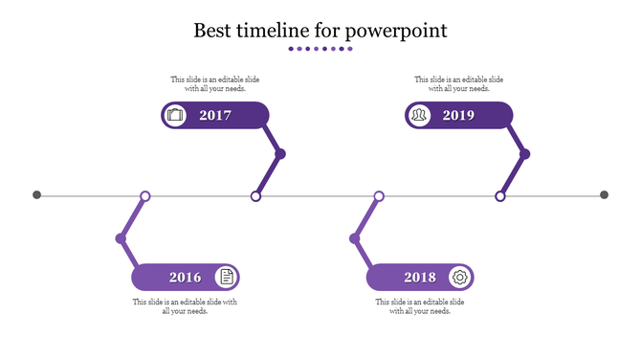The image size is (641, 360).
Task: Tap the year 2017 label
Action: click(x=215, y=116)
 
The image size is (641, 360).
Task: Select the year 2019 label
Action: click(x=458, y=116)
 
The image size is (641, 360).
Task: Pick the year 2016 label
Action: click(x=186, y=278)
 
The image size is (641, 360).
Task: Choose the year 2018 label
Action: click(x=420, y=278)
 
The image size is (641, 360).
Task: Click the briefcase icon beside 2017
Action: click(x=175, y=116)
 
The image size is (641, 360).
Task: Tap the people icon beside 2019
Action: click(x=419, y=116)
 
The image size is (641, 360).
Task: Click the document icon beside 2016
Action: click(x=226, y=278)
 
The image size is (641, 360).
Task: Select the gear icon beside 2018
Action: click(x=459, y=278)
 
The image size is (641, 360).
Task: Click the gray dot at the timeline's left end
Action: click(x=37, y=195)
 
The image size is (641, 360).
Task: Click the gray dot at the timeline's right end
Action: click(x=604, y=195)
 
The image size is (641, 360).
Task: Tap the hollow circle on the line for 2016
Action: click(x=145, y=196)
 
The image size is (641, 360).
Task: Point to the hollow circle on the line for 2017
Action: click(x=255, y=196)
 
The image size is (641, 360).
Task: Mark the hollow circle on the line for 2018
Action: click(x=379, y=196)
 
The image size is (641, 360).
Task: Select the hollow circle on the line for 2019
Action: click(x=499, y=196)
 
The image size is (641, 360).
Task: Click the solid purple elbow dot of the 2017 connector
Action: click(x=280, y=153)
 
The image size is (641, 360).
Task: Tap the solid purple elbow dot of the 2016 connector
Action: click(x=121, y=238)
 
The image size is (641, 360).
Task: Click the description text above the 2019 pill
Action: click(x=458, y=84)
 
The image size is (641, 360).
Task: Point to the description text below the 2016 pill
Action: click(x=185, y=306)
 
